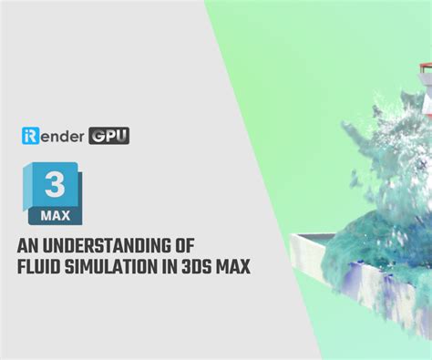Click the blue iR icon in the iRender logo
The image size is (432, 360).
tap(29, 136)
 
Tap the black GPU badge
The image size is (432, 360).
tap(109, 136)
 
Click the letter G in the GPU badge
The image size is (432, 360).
tap(98, 136)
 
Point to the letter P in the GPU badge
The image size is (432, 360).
tap(109, 136)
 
